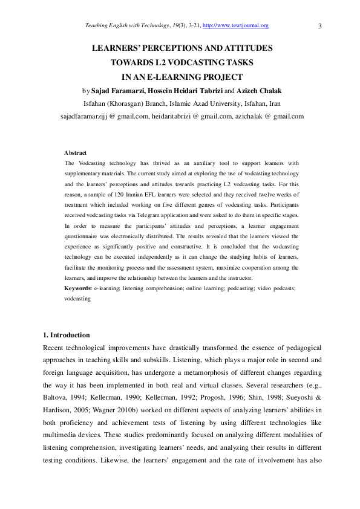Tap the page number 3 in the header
319,25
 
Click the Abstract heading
76,153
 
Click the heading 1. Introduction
67,335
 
